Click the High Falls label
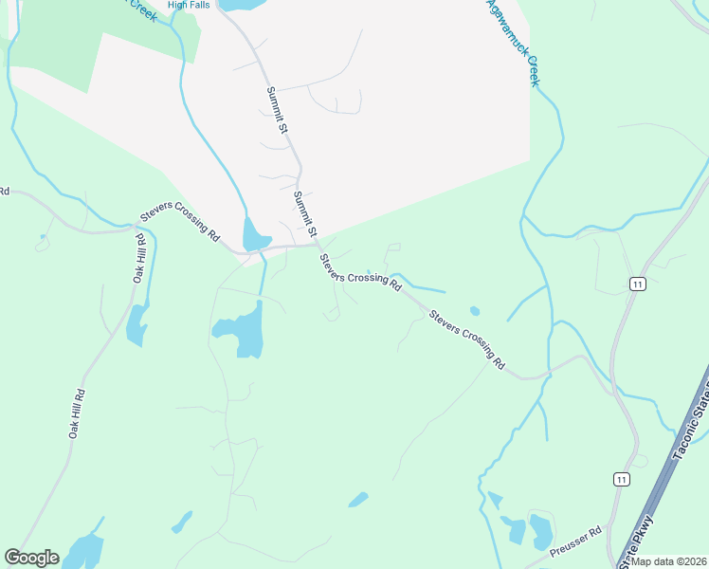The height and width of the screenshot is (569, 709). click(188, 5)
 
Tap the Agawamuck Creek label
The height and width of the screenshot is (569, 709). click(513, 43)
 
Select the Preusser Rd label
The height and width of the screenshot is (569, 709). click(575, 540)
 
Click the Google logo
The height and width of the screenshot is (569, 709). click(32, 558)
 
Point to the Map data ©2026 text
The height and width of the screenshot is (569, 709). click(668, 560)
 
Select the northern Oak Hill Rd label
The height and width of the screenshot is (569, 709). click(139, 258)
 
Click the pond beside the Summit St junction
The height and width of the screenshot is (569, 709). click(255, 234)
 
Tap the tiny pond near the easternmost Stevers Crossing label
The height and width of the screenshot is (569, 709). click(474, 310)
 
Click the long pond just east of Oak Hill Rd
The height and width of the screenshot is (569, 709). click(136, 325)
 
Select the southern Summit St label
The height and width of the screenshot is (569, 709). click(303, 212)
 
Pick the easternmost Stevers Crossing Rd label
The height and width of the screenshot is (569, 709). click(466, 339)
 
